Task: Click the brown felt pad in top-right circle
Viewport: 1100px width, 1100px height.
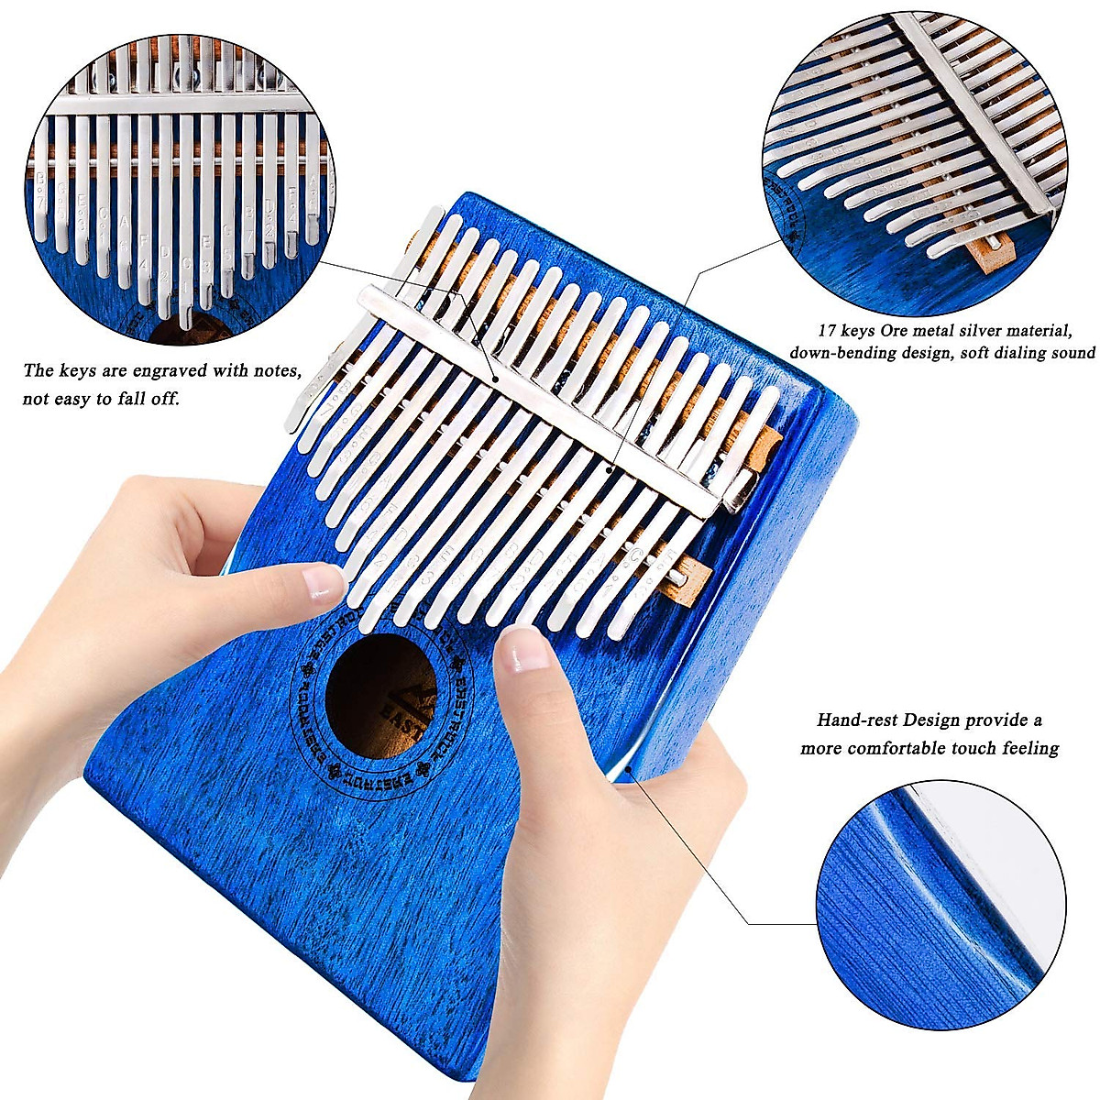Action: (992, 253)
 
